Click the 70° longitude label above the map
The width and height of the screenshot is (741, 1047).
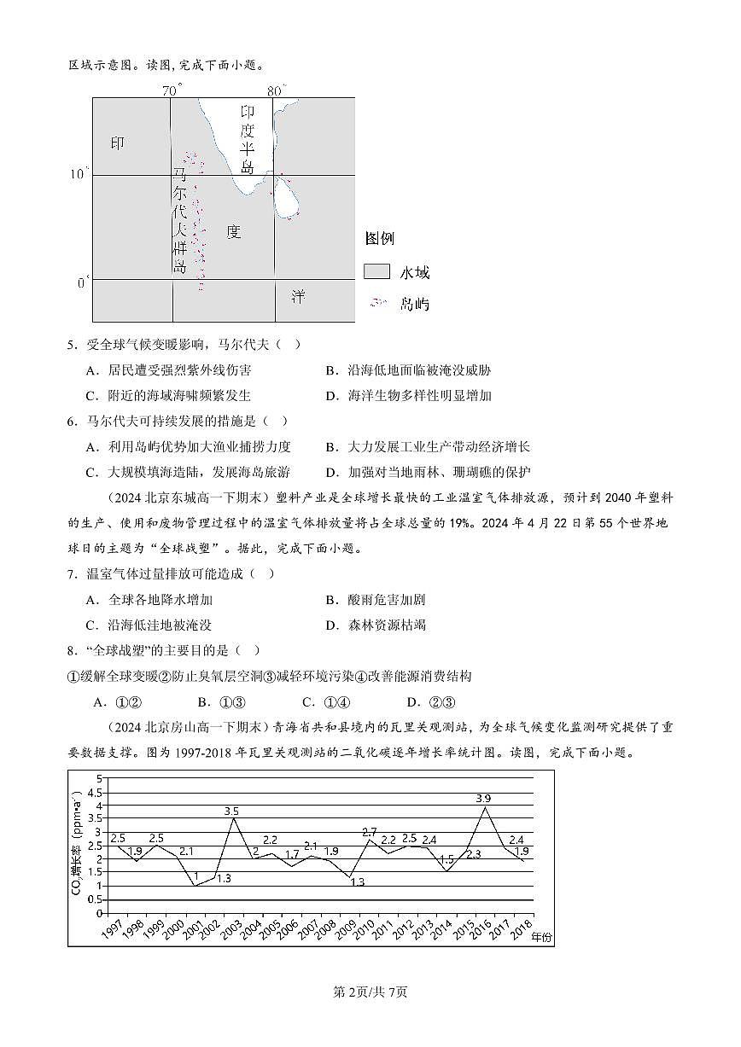coord(172,90)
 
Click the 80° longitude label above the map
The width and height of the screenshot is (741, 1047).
coord(276,90)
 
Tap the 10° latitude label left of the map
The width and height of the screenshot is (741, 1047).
coord(79,174)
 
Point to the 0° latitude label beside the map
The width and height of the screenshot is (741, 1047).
coord(83,282)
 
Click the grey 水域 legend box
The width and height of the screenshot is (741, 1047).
coord(376,271)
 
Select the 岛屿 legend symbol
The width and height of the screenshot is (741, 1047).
coord(378,303)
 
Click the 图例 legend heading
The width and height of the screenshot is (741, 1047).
coord(379,238)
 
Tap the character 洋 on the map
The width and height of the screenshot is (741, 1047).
coord(298,297)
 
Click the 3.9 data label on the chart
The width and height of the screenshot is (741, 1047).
coord(483,798)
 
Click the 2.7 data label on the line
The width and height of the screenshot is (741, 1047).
coord(369,831)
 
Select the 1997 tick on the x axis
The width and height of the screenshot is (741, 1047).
coord(112,928)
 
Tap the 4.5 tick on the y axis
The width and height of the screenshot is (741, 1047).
coord(96,792)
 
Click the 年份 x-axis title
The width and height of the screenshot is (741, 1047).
coord(541,936)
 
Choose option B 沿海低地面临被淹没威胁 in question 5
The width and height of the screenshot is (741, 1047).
coord(408,370)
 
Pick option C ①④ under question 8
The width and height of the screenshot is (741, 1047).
coord(321,702)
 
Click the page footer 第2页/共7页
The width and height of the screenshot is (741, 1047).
coord(370,992)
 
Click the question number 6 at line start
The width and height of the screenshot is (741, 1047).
coord(73,421)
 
